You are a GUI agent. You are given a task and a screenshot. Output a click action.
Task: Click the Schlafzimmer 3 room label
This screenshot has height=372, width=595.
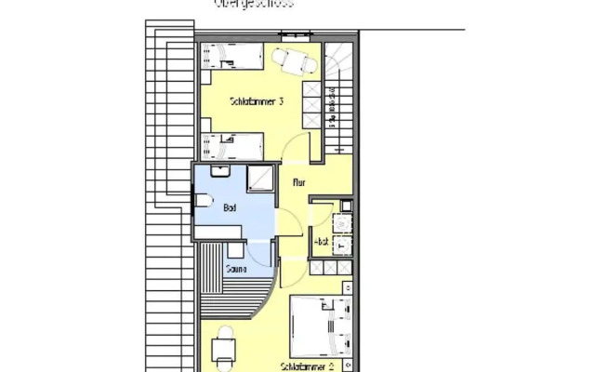coord(256,101)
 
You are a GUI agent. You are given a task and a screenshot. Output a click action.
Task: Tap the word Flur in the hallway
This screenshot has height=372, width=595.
coord(299,183)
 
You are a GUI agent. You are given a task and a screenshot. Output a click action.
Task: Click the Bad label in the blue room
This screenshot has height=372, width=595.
coord(229,208)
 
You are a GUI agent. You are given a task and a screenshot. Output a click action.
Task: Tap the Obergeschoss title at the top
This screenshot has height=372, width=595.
coord(254,4)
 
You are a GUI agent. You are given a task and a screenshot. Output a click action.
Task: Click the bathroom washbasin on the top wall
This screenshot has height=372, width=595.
coord(220,171)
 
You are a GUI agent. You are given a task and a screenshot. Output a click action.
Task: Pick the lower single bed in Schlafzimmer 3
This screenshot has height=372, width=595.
coord(233,145)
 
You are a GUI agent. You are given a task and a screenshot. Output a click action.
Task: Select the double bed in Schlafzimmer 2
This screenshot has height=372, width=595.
coord(321,325)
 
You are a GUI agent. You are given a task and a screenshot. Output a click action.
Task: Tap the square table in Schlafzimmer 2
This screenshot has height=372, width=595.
coord(223,350)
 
